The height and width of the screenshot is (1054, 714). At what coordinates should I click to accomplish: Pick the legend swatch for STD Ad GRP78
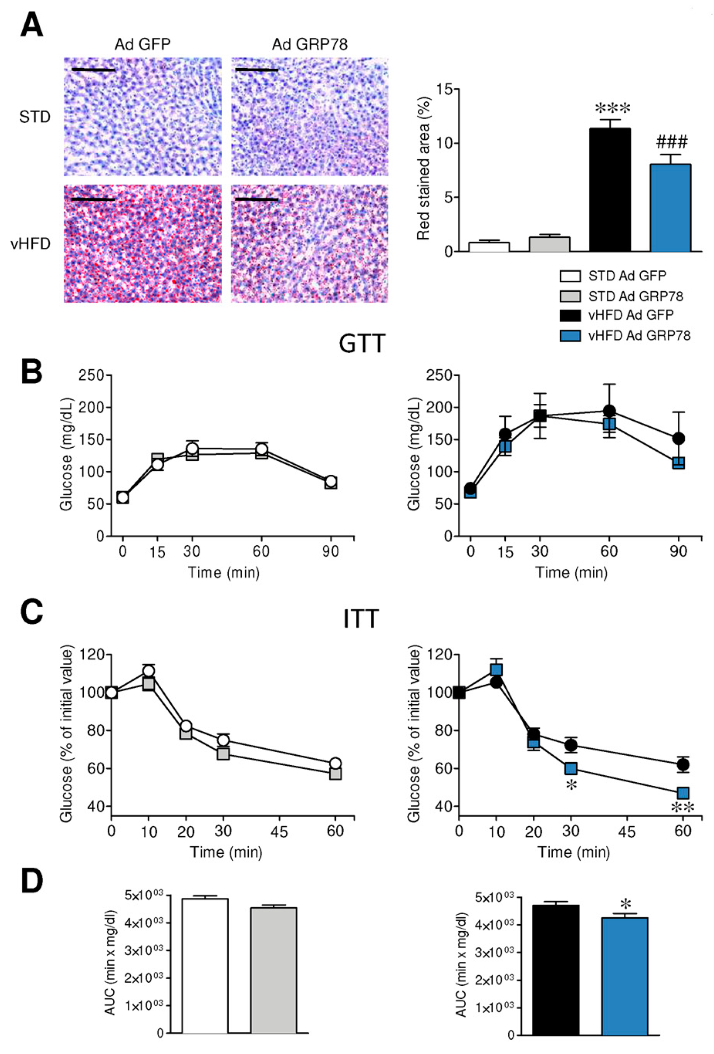pos(570,296)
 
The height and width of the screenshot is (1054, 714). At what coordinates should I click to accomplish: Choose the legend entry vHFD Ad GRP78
pos(639,336)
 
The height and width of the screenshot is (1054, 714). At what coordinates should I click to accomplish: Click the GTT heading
pos(362,343)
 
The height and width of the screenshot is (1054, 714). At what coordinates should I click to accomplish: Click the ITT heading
pos(360,619)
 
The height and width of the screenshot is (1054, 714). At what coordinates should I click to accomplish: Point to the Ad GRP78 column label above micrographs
pos(310,44)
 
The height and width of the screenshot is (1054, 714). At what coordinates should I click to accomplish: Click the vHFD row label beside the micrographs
pos(30,244)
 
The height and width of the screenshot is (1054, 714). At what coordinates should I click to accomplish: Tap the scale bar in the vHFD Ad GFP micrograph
pos(93,199)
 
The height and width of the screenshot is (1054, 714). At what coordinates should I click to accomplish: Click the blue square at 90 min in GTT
pos(678,463)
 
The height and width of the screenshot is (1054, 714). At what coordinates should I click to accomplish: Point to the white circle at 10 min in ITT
pos(149,671)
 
